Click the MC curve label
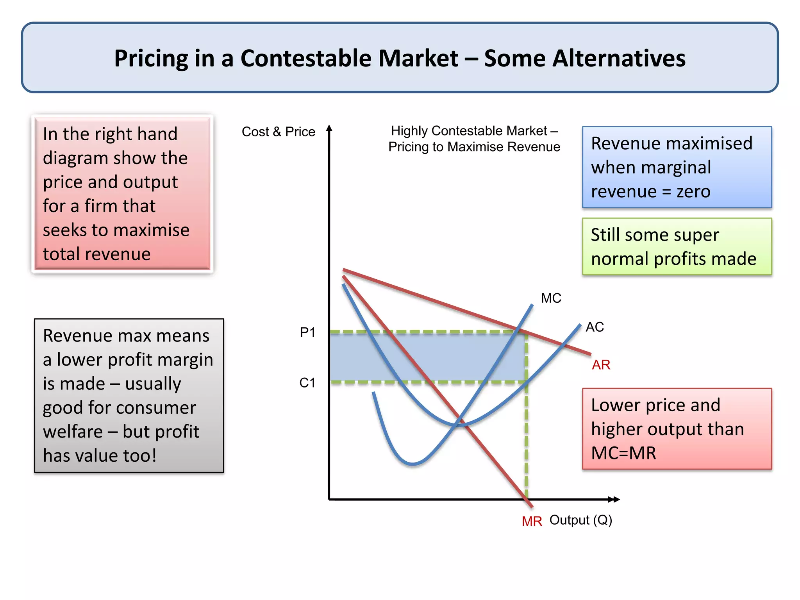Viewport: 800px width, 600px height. [x=551, y=298]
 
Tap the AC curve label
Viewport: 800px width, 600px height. [x=595, y=327]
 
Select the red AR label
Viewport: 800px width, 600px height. [x=601, y=365]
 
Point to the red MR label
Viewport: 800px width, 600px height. [x=532, y=521]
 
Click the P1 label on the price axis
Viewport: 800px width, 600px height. [x=307, y=332]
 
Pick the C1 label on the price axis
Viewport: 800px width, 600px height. [x=307, y=383]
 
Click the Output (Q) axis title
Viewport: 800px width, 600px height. [x=580, y=520]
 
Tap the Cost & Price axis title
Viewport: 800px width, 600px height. [x=278, y=132]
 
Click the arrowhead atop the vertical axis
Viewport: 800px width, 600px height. [x=329, y=128]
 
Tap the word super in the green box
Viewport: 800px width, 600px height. [x=696, y=235]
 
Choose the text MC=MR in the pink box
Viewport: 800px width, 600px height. [x=623, y=453]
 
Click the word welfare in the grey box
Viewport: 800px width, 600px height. [x=73, y=432]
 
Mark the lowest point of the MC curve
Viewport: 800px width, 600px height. [x=412, y=464]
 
